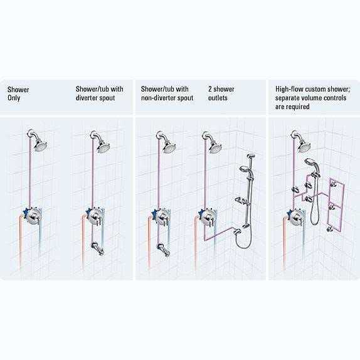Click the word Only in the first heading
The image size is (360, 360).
tap(14, 98)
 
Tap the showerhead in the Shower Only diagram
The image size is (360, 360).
tap(40, 146)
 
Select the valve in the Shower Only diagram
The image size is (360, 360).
tap(33, 216)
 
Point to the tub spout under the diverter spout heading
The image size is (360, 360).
tap(98, 248)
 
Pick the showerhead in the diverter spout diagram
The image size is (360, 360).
tap(103, 147)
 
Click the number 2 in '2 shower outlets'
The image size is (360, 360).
tap(210, 89)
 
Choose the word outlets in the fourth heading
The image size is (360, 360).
tap(218, 98)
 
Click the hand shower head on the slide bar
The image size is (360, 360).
tap(246, 169)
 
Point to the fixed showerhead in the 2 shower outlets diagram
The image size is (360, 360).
tap(216, 147)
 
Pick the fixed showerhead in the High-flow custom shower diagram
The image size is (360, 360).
tap(304, 147)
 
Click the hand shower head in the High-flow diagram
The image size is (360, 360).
tap(312, 163)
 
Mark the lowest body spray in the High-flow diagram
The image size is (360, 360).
tap(330, 228)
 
